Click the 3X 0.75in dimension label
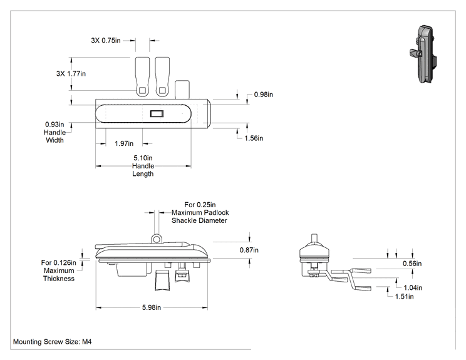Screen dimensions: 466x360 [106, 41]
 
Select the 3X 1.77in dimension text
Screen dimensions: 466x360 [71, 73]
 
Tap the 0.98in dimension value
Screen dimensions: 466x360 [263, 95]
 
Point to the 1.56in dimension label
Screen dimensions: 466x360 [254, 138]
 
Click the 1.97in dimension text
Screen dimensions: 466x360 [124, 143]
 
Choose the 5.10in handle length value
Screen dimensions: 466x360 [143, 158]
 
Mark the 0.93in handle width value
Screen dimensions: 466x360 [54, 124]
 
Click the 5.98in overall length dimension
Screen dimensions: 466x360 [152, 307]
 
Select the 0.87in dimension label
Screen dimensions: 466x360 [249, 250]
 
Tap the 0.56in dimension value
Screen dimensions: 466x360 [412, 264]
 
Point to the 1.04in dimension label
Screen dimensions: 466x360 [413, 287]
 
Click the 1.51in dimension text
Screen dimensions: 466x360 [404, 296]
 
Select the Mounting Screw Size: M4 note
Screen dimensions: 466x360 [53, 342]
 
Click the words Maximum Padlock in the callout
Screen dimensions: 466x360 [200, 213]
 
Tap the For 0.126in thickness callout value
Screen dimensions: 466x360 [58, 262]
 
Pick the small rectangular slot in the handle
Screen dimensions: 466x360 [157, 114]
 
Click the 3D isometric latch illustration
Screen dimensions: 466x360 [423, 54]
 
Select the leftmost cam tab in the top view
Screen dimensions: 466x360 [142, 76]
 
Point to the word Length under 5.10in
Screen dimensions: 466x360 [143, 174]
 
